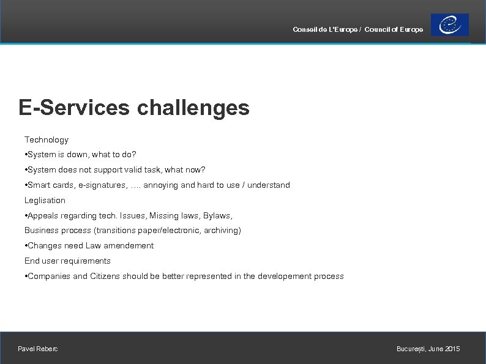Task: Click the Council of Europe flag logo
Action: click(x=450, y=25)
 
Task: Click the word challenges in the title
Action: click(x=193, y=108)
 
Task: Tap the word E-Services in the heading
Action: click(x=74, y=108)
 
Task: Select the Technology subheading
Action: click(x=47, y=140)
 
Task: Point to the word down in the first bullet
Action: click(x=80, y=155)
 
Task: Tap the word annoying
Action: click(x=160, y=185)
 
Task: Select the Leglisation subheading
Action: click(x=45, y=201)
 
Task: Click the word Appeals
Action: click(x=43, y=216)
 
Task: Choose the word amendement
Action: click(x=129, y=246)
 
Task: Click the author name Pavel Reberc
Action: click(x=38, y=349)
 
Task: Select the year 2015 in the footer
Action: click(x=452, y=349)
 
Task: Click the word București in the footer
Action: click(x=409, y=349)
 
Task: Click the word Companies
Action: click(x=49, y=277)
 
